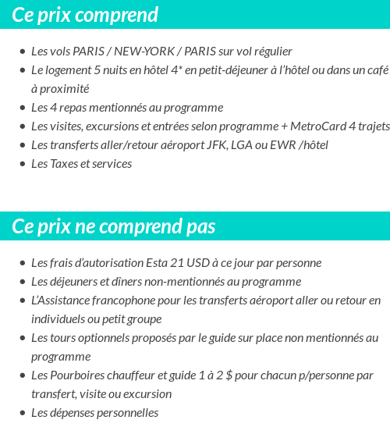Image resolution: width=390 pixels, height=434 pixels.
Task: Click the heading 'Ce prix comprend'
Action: pyautogui.click(x=85, y=15)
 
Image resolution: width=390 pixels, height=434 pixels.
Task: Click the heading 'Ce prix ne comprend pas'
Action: pyautogui.click(x=114, y=226)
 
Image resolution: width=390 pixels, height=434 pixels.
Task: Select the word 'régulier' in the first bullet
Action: pyautogui.click(x=271, y=52)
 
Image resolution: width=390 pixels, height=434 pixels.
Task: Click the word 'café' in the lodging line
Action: pyautogui.click(x=374, y=70)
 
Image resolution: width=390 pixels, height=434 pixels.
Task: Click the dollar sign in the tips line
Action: pyautogui.click(x=231, y=375)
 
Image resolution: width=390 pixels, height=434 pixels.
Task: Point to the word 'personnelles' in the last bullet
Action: pyautogui.click(x=122, y=413)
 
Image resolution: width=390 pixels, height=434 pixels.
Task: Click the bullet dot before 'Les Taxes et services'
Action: pyautogui.click(x=22, y=164)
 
